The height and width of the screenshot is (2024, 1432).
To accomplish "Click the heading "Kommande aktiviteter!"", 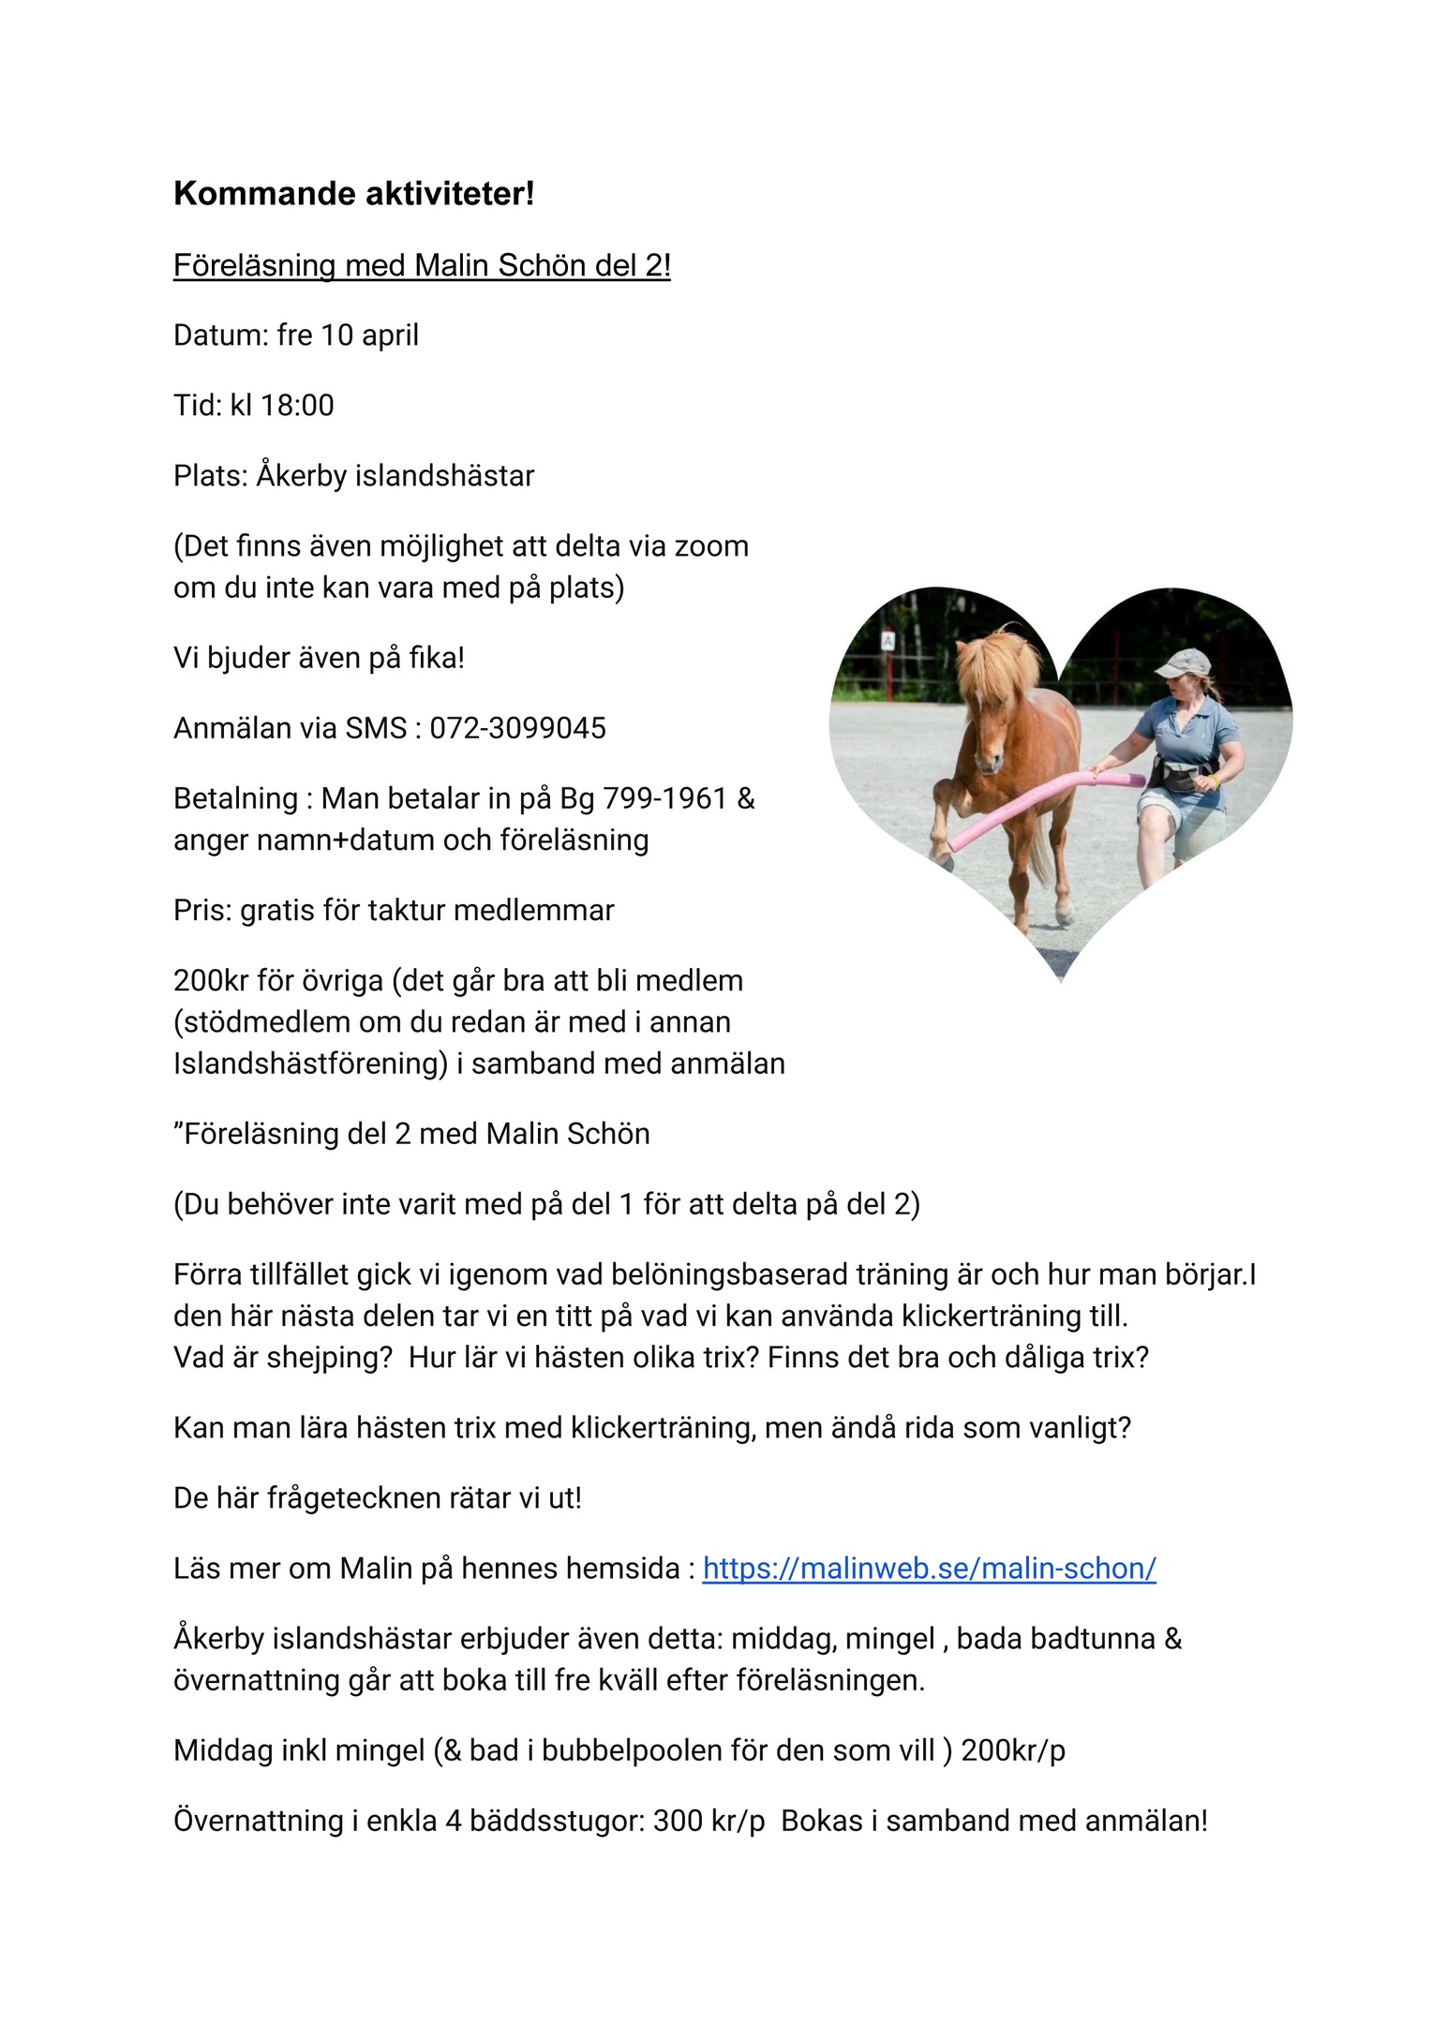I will coord(353,194).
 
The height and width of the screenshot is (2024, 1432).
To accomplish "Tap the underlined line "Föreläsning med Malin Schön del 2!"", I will coord(422,266).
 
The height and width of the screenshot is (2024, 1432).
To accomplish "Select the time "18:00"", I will coord(297,406).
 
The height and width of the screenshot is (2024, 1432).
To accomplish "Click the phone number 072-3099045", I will coord(517,728).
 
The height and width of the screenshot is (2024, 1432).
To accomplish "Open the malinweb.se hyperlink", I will coord(929,1569).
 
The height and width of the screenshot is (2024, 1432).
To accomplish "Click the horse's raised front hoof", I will coord(943,849).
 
